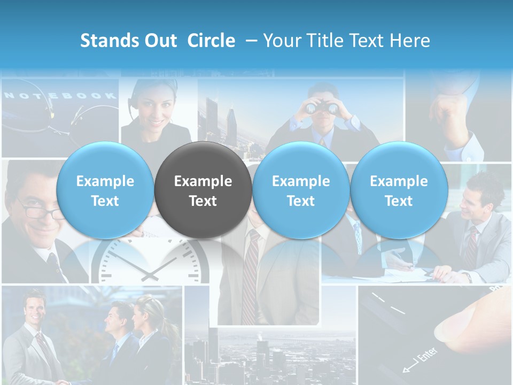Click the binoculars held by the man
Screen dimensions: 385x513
click(322, 107)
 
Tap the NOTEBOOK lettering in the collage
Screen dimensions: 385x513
click(60, 96)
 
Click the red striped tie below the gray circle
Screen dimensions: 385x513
click(250, 278)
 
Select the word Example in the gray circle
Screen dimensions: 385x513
click(203, 181)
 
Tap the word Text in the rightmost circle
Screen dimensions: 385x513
click(399, 201)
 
